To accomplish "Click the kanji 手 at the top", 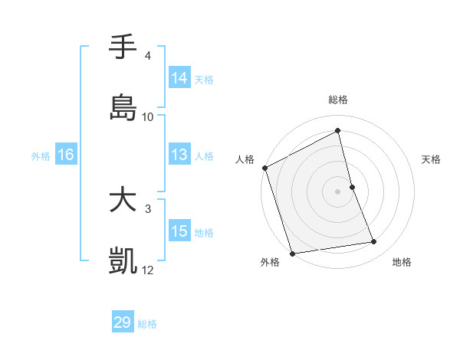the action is [123, 47].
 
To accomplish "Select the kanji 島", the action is [123, 108].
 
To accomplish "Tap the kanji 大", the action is [123, 201].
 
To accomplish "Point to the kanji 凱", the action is [123, 262].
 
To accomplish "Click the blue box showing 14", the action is [179, 77].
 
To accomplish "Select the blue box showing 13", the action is [179, 155].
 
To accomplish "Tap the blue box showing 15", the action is [179, 231].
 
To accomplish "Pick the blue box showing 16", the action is [66, 155].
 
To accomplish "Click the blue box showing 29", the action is [123, 322].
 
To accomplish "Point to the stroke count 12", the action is [148, 270].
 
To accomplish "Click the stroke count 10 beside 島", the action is [148, 116].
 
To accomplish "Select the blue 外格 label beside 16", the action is [41, 155].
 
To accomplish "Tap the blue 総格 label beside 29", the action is [147, 323].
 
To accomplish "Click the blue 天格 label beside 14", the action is [204, 78].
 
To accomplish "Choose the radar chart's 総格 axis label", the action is [338, 100].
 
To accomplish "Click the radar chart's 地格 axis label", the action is [402, 262].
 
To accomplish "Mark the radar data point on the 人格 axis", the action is [264, 168].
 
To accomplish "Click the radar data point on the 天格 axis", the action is [352, 187].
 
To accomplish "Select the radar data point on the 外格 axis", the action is [292, 253].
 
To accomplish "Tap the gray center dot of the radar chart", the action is [338, 191].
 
